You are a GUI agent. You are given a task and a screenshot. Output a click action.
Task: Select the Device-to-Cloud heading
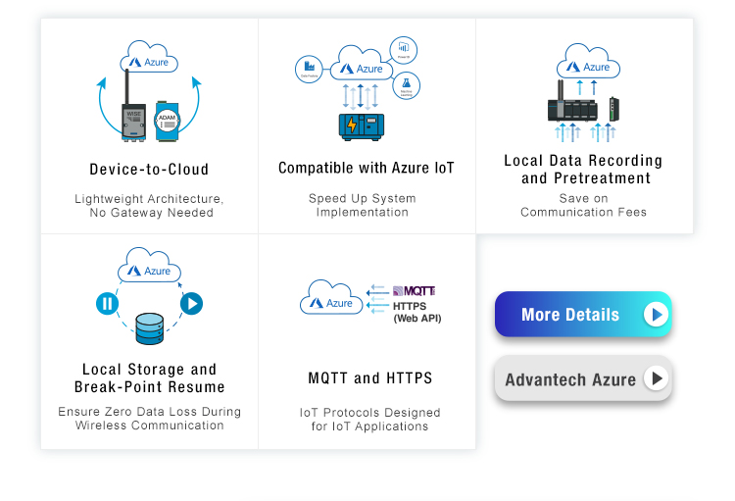click(x=149, y=169)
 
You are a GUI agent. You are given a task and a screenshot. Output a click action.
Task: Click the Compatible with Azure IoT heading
click(x=367, y=169)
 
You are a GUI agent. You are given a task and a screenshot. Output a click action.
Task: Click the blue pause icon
click(x=107, y=304)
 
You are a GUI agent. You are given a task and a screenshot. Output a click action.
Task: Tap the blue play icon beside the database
click(x=191, y=304)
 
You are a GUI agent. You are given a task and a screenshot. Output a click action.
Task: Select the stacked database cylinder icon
click(x=150, y=328)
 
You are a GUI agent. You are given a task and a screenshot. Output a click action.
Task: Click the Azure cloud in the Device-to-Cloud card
click(x=149, y=60)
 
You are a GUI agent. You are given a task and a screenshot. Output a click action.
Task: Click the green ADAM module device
click(x=168, y=119)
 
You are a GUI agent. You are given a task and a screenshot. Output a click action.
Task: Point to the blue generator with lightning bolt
click(x=362, y=125)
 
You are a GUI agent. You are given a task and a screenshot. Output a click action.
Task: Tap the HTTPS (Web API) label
click(x=416, y=312)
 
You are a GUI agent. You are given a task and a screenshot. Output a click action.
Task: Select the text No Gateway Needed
click(x=150, y=213)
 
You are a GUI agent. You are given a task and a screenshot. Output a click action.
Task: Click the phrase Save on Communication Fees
click(x=583, y=205)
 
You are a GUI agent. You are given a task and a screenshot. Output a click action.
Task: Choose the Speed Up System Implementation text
click(x=363, y=205)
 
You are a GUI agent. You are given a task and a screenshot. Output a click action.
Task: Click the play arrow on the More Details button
click(x=656, y=315)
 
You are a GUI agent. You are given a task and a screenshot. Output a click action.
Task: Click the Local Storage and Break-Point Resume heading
click(x=149, y=377)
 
